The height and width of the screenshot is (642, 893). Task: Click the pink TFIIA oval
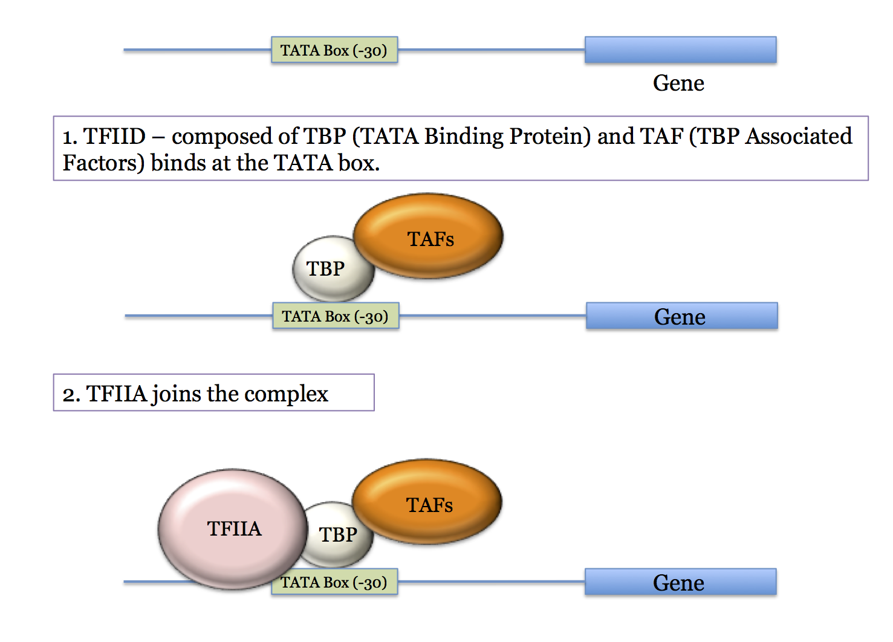[233, 529]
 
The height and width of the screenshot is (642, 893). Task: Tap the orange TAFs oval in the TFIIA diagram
[428, 502]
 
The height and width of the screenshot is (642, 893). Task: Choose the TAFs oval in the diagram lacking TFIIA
[429, 236]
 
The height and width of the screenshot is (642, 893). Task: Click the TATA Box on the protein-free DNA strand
[334, 50]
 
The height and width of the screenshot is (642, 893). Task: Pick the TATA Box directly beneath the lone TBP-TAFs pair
[335, 316]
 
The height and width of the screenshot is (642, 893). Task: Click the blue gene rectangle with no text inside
[680, 50]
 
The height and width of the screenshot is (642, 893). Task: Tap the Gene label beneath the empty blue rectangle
[678, 83]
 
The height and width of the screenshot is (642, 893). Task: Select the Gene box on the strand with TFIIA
[680, 582]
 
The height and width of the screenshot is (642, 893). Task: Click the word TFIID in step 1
[115, 137]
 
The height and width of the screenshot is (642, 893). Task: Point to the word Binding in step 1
[465, 137]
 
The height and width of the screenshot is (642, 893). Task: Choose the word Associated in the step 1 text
[799, 137]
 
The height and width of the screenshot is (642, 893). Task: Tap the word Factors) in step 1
[103, 163]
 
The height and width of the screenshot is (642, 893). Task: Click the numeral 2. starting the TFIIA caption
[71, 394]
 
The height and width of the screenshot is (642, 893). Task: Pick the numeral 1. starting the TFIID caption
[70, 137]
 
